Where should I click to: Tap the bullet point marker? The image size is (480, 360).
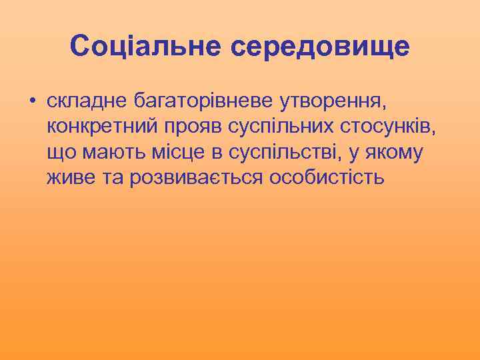31,102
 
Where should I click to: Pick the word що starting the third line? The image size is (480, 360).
61,153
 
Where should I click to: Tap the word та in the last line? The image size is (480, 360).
112,178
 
